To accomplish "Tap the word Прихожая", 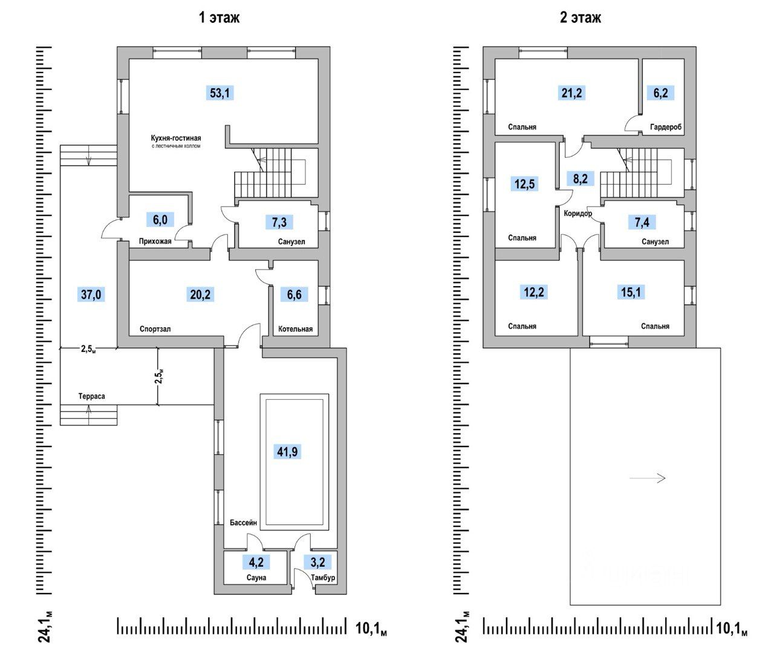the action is (155, 241).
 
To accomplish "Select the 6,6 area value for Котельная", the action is (294, 295).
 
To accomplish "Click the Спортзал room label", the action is (155, 330).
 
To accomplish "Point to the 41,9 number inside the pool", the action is (288, 451).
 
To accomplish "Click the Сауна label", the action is (256, 578).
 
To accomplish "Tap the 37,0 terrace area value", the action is (93, 295).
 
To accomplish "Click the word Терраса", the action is (91, 396).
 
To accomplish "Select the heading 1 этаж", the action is (220, 18).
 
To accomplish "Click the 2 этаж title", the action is (580, 18).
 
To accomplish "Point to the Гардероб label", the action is (666, 128).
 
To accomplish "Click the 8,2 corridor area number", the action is (580, 178).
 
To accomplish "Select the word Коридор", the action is (577, 214).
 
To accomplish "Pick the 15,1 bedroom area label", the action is (631, 293).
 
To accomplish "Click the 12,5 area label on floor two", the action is (525, 184).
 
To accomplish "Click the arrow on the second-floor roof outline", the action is (648, 478).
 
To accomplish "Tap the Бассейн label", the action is (244, 523).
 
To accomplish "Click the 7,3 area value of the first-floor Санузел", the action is (279, 222).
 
